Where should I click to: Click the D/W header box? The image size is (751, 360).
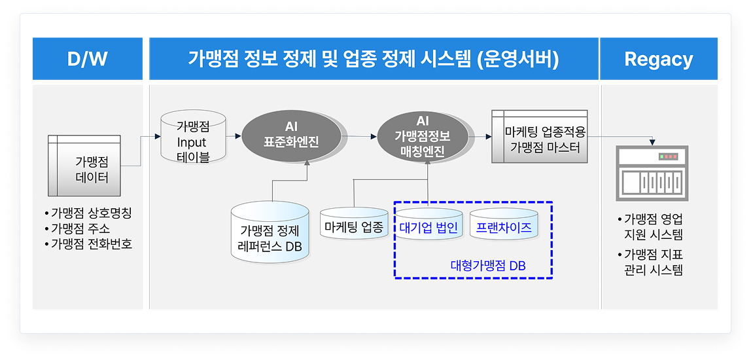coord(87,60)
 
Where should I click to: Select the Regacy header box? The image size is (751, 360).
coord(659,60)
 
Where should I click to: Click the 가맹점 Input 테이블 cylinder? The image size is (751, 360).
coord(192,139)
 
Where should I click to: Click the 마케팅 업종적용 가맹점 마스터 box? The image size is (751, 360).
coord(539,138)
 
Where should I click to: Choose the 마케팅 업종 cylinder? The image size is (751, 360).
coord(355,226)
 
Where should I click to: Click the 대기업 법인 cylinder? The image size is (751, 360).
coord(428,227)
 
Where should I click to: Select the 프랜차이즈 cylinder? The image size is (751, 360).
coord(504,226)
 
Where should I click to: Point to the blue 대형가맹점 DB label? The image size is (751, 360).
coord(488,266)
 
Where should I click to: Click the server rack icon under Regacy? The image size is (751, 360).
coord(651,173)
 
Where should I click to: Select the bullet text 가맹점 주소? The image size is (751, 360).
coord(80,229)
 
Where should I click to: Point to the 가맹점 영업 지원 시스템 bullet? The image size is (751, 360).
coord(653,226)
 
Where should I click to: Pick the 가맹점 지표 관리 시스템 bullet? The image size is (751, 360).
coord(653,262)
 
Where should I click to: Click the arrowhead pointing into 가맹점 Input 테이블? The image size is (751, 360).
coord(158,136)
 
